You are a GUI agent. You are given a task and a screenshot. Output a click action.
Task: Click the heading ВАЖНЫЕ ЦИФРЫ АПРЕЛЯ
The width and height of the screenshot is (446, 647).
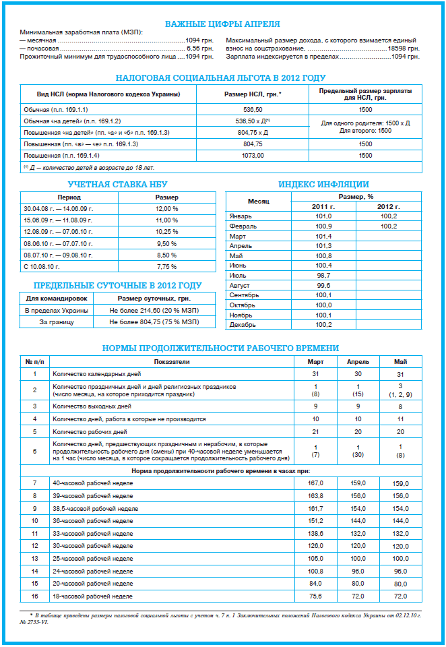(x=222, y=22)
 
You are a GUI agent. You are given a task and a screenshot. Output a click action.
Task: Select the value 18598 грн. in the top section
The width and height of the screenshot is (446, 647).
(x=403, y=49)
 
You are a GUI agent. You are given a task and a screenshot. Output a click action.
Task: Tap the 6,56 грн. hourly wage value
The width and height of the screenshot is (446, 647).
(x=199, y=49)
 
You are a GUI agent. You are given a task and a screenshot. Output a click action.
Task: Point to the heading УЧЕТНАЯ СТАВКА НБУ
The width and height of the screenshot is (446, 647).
(x=117, y=184)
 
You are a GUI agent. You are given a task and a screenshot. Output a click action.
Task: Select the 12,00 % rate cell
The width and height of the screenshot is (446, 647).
(x=167, y=209)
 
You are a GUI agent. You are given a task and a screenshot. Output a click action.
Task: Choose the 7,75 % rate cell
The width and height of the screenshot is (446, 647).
(x=167, y=266)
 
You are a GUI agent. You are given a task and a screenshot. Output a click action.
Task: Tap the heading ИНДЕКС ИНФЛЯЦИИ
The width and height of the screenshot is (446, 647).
(x=323, y=184)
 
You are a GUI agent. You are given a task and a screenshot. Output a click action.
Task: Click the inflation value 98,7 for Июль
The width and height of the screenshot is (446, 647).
(x=323, y=276)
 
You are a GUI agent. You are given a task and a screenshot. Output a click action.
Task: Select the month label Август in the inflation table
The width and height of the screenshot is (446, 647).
(x=241, y=285)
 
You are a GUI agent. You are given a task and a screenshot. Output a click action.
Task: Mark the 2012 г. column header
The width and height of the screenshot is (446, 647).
(x=388, y=206)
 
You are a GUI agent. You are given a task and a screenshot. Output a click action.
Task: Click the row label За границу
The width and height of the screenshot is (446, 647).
(x=57, y=322)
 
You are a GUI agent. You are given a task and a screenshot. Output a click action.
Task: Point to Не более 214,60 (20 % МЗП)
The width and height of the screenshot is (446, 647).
(x=154, y=310)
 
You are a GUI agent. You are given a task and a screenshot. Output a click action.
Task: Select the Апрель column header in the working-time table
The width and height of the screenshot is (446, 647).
(x=358, y=362)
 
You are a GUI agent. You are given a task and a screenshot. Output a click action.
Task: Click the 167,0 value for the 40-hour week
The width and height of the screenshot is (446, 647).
(x=315, y=483)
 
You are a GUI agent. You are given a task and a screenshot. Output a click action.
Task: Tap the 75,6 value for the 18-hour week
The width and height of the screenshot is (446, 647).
(x=315, y=596)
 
